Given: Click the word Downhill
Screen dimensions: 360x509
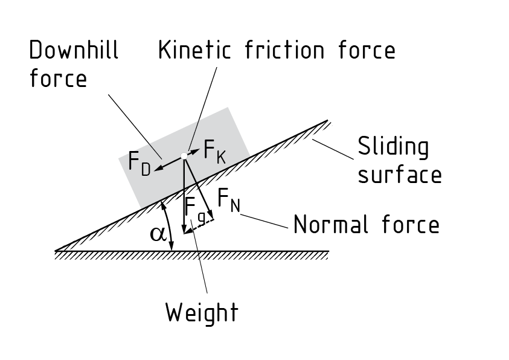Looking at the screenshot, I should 74,50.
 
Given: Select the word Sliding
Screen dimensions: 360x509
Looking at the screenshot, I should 393,147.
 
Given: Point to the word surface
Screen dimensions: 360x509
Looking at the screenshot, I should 400,175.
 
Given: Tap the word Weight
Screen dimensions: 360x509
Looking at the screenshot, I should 202,313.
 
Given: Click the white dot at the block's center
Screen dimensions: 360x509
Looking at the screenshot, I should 184,156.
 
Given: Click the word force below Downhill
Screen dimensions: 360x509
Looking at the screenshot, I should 58,79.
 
